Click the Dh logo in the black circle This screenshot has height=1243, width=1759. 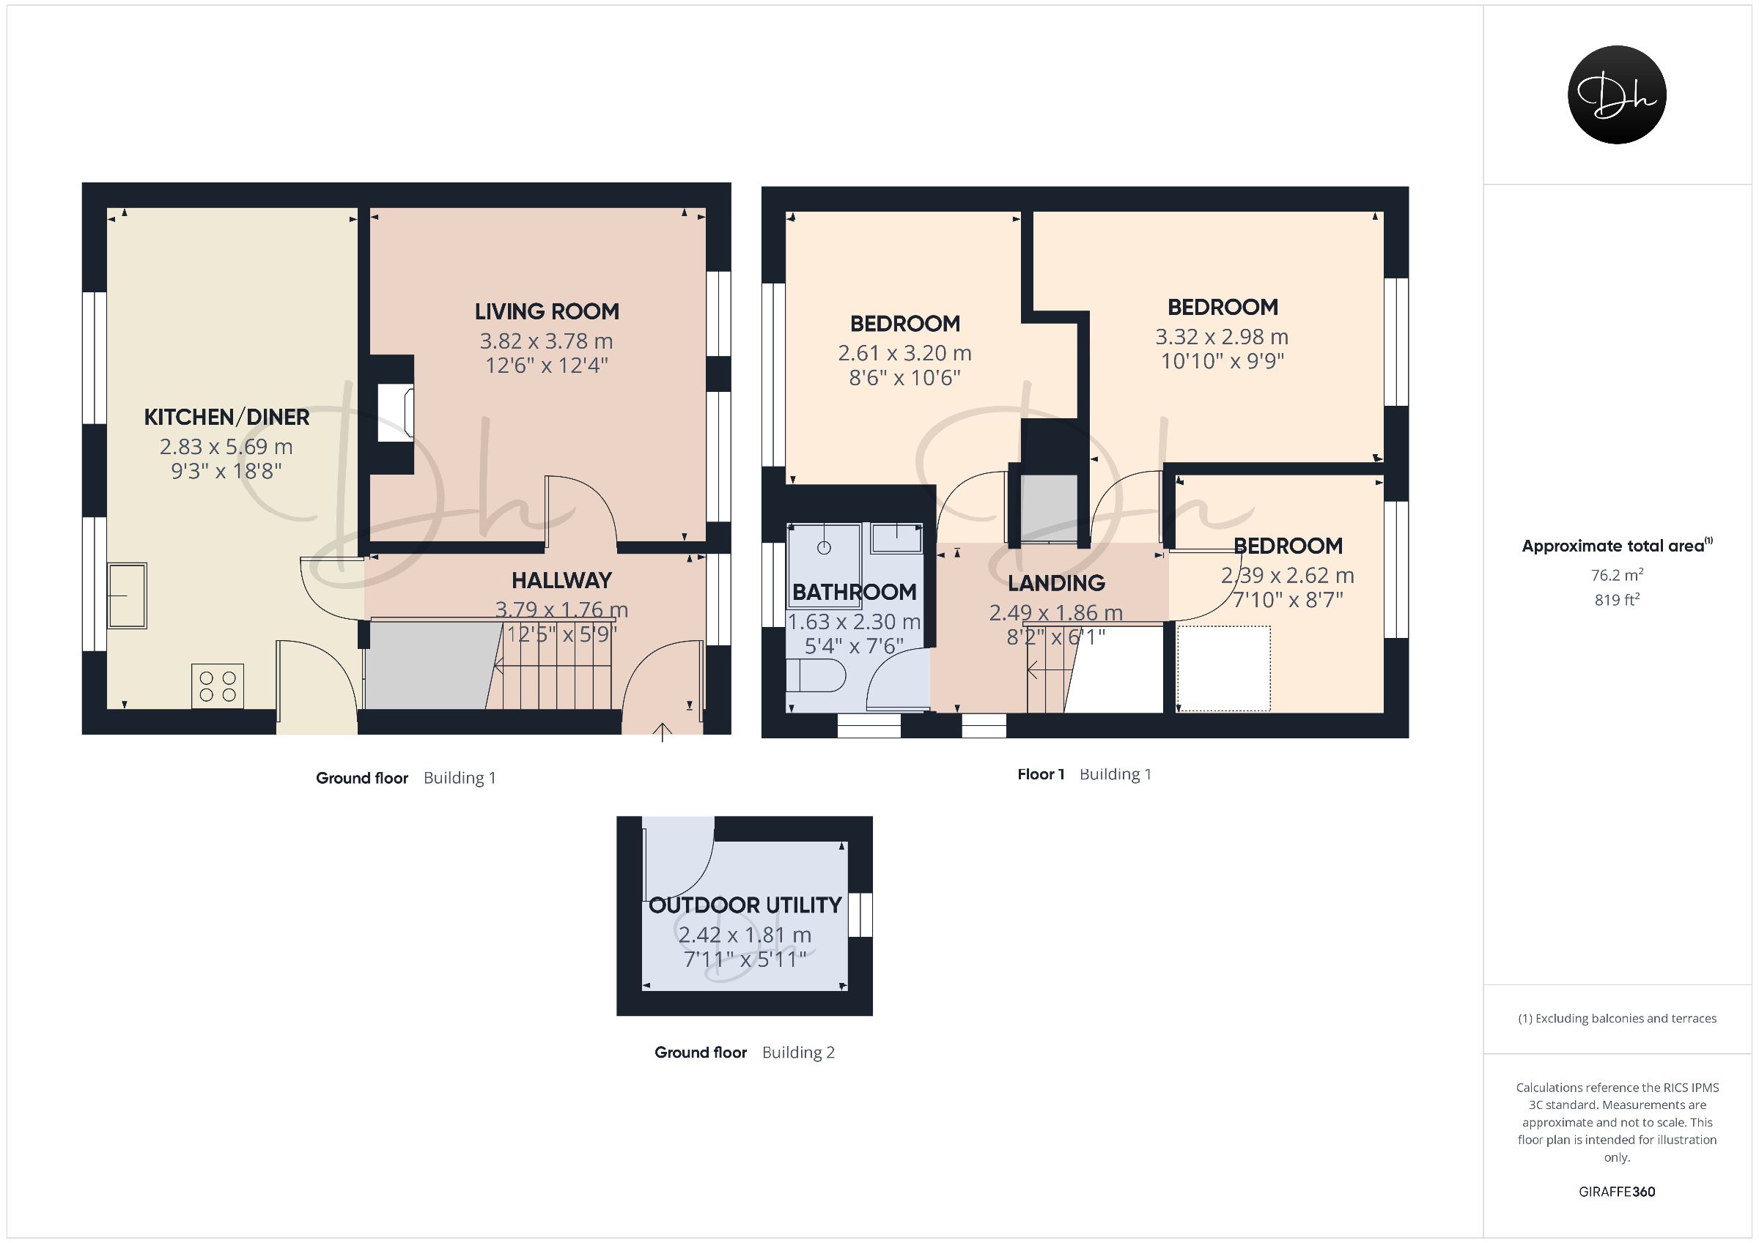(1617, 94)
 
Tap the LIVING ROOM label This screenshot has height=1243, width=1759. (546, 312)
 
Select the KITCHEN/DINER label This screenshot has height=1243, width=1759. (226, 418)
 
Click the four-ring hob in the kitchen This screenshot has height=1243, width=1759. (218, 686)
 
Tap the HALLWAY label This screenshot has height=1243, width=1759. (561, 581)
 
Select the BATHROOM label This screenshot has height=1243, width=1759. (855, 592)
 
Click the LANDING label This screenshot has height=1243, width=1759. (1056, 584)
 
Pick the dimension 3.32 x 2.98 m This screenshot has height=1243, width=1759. (1222, 337)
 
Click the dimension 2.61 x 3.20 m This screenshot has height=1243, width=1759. (904, 353)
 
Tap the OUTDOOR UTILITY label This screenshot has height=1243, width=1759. (745, 905)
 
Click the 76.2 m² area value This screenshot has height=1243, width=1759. (1617, 574)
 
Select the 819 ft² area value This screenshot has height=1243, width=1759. (1617, 600)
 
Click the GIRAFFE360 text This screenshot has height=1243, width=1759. (1617, 1192)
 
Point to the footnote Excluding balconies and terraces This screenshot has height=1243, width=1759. (1617, 1019)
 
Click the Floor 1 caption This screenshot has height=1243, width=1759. (1041, 774)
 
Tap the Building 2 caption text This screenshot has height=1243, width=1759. (798, 1053)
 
